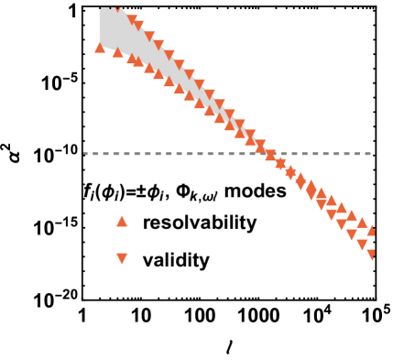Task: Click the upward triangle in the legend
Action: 122,221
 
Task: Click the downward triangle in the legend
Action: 122,259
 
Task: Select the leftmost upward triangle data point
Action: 100,47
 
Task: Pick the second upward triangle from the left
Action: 117,51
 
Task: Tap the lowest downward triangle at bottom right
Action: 372,255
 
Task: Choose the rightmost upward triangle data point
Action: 372,230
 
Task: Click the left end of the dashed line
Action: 85,154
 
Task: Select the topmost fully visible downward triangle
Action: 133,19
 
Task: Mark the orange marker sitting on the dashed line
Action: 270,155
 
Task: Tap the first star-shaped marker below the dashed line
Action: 280,164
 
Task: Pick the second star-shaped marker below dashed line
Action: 290,171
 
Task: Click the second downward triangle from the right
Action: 362,245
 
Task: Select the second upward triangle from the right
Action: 362,222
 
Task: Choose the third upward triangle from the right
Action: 351,214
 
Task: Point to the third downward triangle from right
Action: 351,235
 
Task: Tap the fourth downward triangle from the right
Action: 341,224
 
